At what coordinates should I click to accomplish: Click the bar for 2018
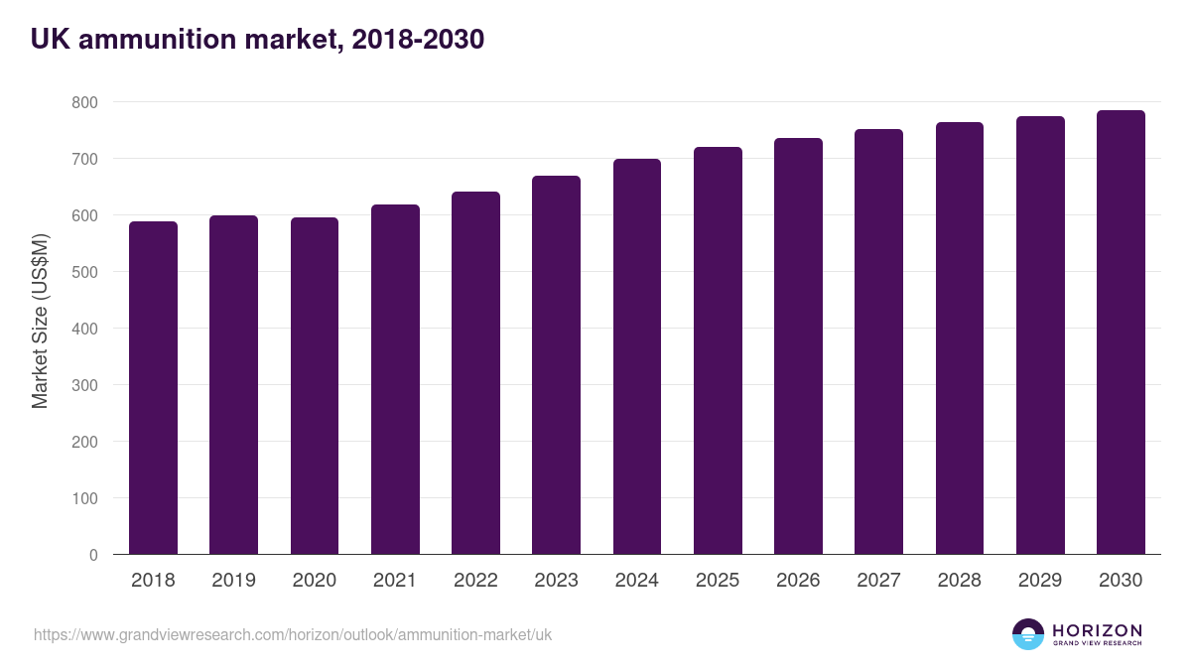pyautogui.click(x=153, y=388)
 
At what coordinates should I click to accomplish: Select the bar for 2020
pyautogui.click(x=315, y=386)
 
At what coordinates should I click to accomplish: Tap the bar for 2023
pyautogui.click(x=556, y=365)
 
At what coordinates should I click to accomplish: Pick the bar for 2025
pyautogui.click(x=718, y=350)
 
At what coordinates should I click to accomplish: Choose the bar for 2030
pyautogui.click(x=1121, y=333)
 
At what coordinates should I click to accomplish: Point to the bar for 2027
pyautogui.click(x=878, y=341)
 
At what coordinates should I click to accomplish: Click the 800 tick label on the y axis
pyautogui.click(x=84, y=102)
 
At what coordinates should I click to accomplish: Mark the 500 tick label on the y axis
pyautogui.click(x=84, y=272)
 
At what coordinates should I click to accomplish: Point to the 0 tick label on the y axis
pyautogui.click(x=93, y=555)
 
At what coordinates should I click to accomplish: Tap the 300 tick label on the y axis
pyautogui.click(x=84, y=385)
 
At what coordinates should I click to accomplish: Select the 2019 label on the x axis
pyautogui.click(x=233, y=581)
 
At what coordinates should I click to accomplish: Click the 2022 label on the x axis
pyautogui.click(x=475, y=581)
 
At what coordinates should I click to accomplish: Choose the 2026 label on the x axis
pyautogui.click(x=798, y=581)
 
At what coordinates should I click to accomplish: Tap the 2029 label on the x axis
pyautogui.click(x=1040, y=581)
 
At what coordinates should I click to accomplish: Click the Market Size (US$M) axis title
pyautogui.click(x=40, y=321)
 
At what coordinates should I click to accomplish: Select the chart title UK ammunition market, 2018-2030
pyautogui.click(x=257, y=40)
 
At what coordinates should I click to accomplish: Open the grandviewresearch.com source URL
pyautogui.click(x=293, y=634)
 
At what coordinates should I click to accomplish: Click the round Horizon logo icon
pyautogui.click(x=1028, y=634)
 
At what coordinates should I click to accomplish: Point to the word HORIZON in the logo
pyautogui.click(x=1097, y=630)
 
